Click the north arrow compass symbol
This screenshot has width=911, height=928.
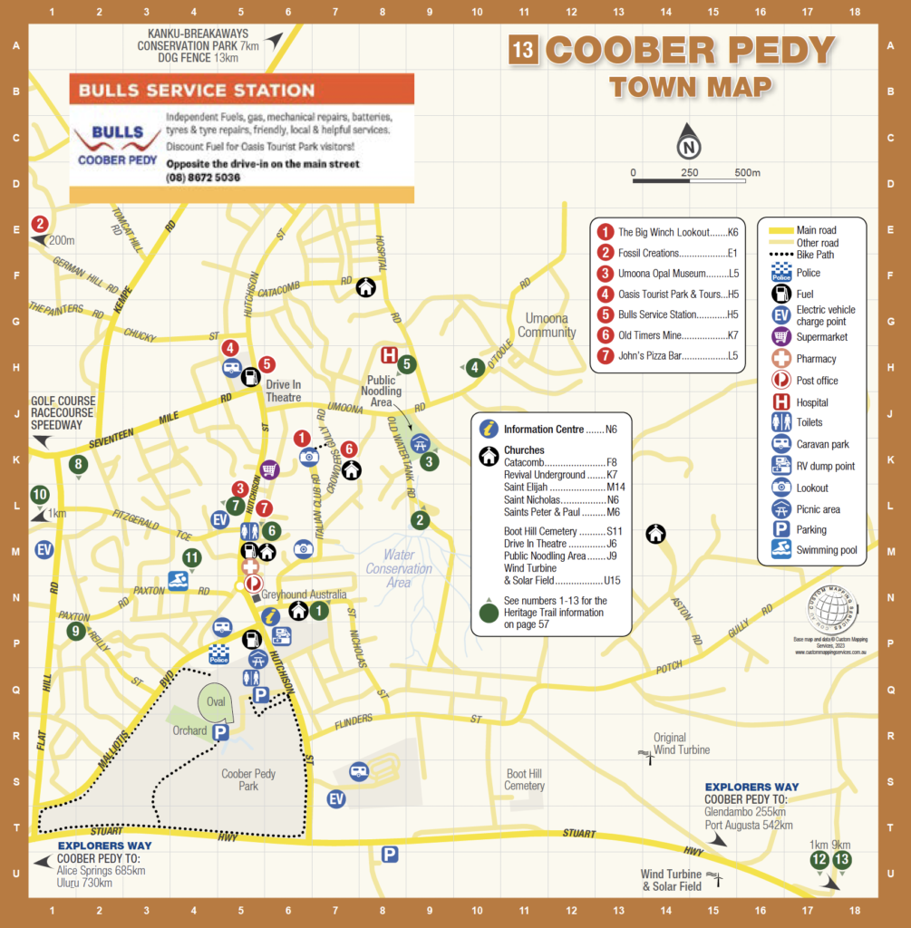point(690,142)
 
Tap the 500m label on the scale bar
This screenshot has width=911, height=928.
point(747,172)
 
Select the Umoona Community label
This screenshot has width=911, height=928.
point(547,325)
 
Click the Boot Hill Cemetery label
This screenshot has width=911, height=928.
point(525,780)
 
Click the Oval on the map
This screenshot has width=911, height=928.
point(216,702)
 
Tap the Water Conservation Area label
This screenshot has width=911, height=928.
point(399,568)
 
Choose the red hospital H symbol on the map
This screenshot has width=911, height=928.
point(389,355)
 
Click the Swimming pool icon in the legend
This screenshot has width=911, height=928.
point(781,549)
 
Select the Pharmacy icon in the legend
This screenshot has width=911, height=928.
point(781,359)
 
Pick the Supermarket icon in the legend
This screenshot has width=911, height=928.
point(781,337)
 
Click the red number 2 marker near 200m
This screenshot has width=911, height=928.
point(40,224)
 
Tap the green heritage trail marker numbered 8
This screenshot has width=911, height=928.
point(79,465)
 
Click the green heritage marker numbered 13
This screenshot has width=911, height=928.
point(842,860)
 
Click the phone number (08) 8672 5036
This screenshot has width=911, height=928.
point(203,178)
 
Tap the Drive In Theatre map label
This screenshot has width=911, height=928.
point(284,391)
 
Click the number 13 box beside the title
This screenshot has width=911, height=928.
point(523,50)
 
